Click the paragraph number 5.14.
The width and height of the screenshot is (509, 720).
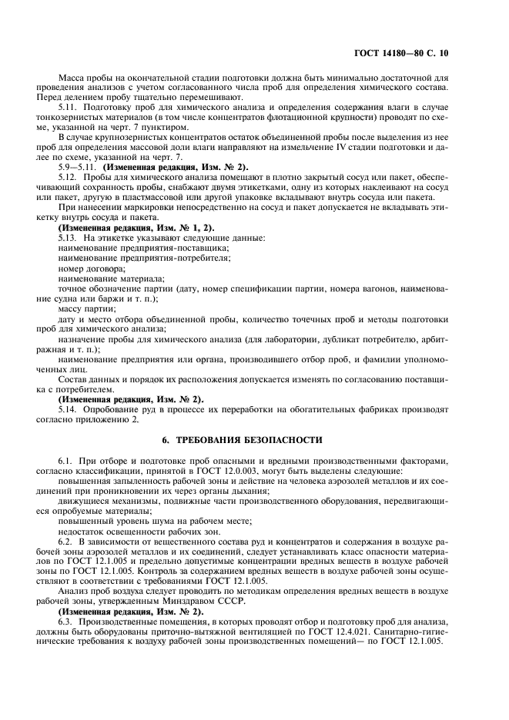click(x=69, y=409)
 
